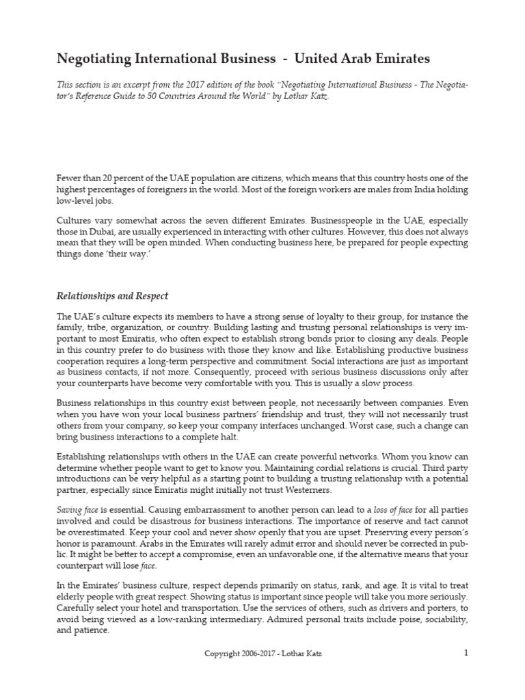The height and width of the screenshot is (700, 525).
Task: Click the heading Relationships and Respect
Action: click(112, 296)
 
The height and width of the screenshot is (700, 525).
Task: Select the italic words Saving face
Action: click(78, 509)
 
